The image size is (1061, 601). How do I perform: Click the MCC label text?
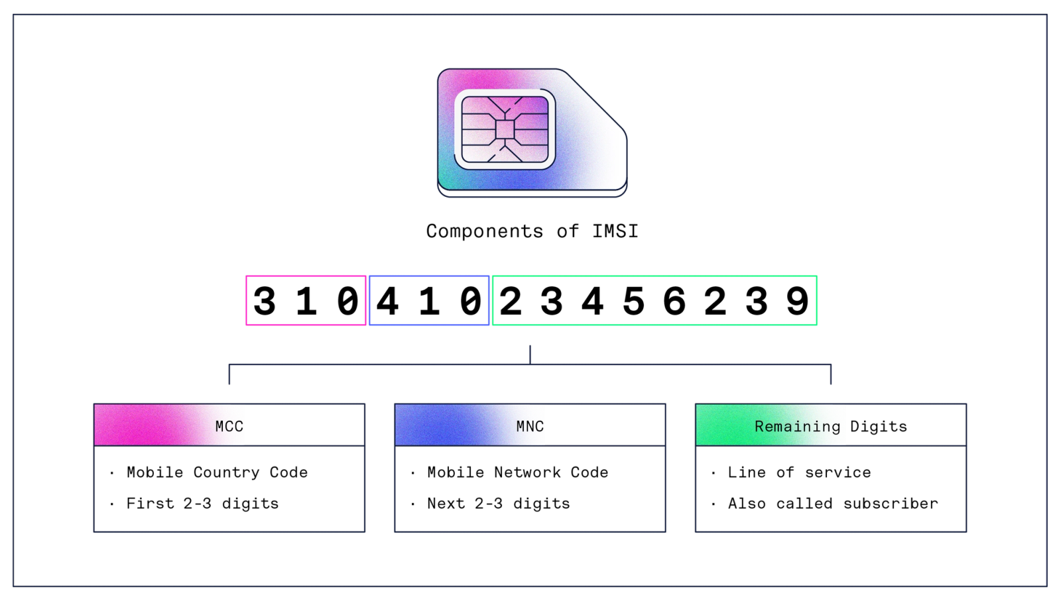pyautogui.click(x=229, y=426)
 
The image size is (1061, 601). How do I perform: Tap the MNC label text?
pyautogui.click(x=530, y=426)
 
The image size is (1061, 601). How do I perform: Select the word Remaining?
pyautogui.click(x=797, y=426)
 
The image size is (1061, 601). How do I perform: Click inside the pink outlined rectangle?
pyautogui.click(x=305, y=300)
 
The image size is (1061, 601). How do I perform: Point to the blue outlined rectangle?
pyautogui.click(x=428, y=300)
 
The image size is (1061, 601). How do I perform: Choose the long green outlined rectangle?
pyautogui.click(x=655, y=300)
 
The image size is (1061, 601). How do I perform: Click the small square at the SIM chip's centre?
pyautogui.click(x=505, y=130)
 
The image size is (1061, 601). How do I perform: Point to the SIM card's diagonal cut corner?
pyautogui.click(x=595, y=99)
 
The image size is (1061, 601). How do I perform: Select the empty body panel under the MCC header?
pyautogui.click(x=229, y=489)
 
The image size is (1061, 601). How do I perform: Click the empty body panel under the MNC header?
pyautogui.click(x=530, y=489)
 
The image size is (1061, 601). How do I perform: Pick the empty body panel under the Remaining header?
pyautogui.click(x=830, y=489)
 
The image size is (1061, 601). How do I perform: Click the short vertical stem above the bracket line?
pyautogui.click(x=530, y=353)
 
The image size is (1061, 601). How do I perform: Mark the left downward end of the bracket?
pyautogui.click(x=230, y=375)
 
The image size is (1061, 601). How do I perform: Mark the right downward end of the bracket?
pyautogui.click(x=830, y=375)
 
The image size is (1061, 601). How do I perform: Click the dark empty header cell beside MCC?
pyautogui.click(x=304, y=425)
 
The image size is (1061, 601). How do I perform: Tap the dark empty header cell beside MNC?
pyautogui.click(x=605, y=425)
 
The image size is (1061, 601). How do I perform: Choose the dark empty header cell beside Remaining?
pyautogui.click(x=906, y=425)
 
